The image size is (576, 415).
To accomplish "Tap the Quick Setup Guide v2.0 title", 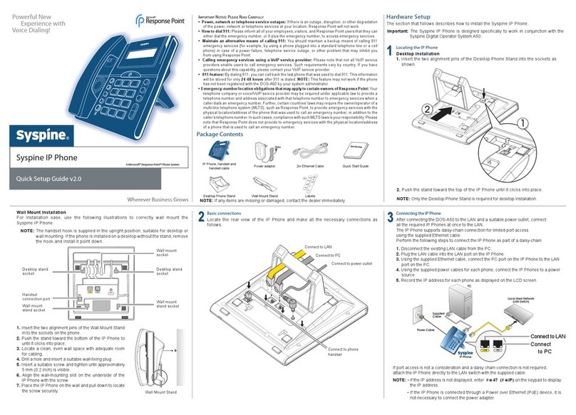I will coord(48,180).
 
